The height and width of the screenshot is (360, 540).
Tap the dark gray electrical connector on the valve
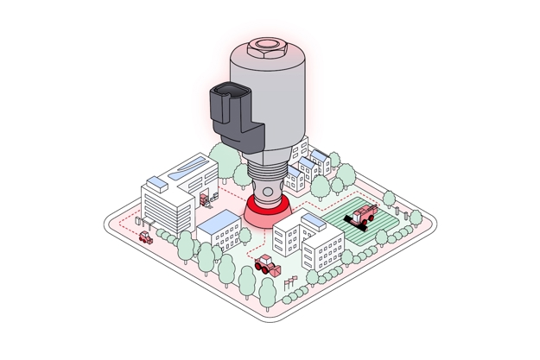pyautogui.click(x=235, y=114)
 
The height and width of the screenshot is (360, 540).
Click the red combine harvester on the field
pyautogui.click(x=363, y=212)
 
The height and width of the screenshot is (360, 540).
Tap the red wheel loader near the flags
pyautogui.click(x=267, y=263)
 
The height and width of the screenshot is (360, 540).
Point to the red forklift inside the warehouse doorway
pyautogui.click(x=205, y=199)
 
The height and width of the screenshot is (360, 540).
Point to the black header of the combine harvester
pyautogui.click(x=353, y=221)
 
